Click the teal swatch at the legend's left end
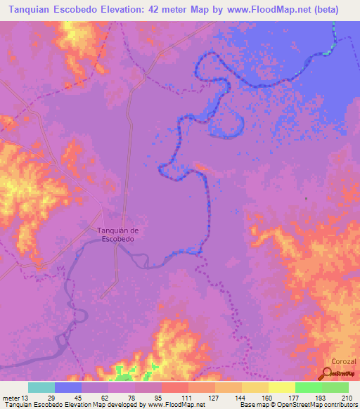41,387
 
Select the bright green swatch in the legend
308,387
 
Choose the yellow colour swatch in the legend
281,387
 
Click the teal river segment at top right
330,51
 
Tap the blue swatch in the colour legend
68,387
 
